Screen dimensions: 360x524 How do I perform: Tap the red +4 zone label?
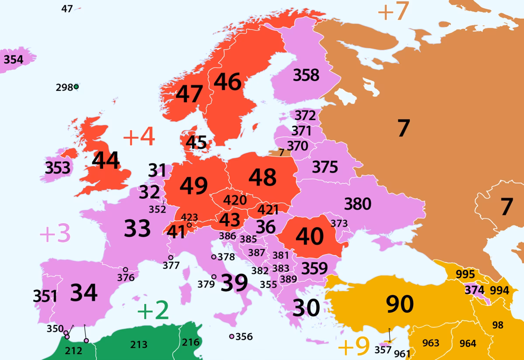pos(139,138)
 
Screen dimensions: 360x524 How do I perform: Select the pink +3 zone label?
pos(55,234)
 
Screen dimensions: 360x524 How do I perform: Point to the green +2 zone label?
pos(153,311)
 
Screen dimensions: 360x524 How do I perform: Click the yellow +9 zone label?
pos(354,347)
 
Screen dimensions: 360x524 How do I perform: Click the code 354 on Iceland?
pos(13,59)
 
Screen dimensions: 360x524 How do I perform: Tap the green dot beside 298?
pos(76,87)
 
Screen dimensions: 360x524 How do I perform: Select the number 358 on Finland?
pos(306,75)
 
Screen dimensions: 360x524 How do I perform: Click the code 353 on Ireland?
pos(58,167)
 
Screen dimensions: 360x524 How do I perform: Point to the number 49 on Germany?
pos(193,186)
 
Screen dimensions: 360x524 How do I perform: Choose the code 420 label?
pos(235,200)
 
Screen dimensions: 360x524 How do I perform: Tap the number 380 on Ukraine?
pos(358,204)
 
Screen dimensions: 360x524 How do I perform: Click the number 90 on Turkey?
pos(400,304)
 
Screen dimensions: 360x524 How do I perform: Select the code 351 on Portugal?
pos(45,297)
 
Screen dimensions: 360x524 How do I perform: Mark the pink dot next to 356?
pos(231,336)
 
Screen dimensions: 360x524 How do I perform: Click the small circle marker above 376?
pos(125,270)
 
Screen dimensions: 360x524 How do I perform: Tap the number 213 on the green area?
pos(139,345)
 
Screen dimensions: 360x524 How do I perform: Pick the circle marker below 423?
pos(189,225)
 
